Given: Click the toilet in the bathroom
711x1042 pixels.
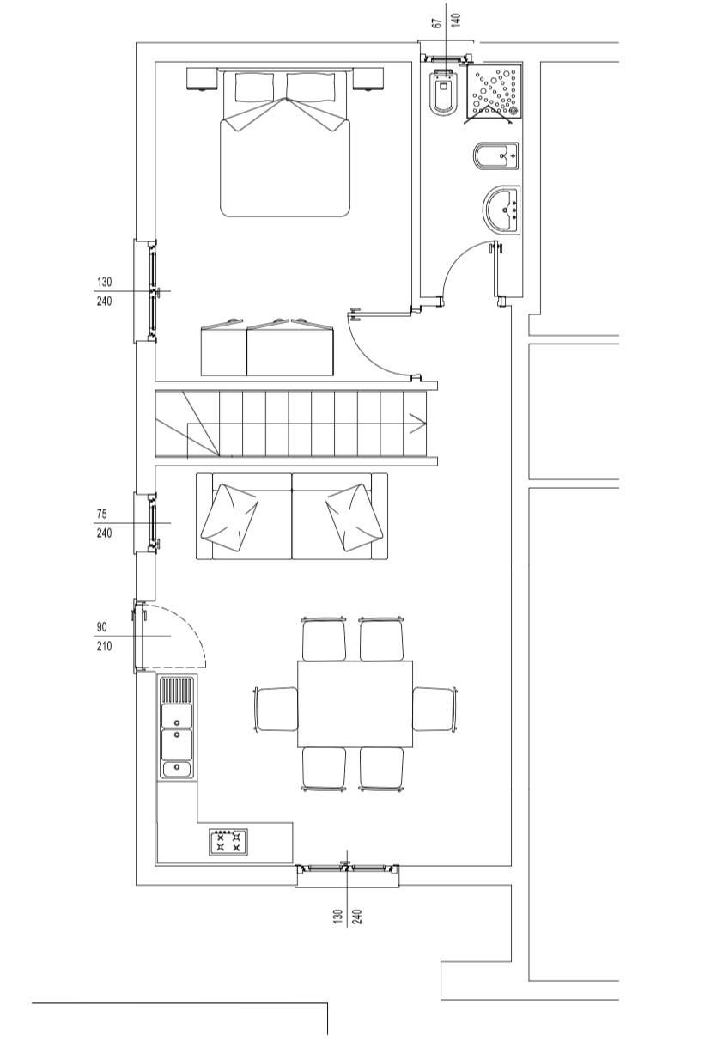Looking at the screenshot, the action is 445,92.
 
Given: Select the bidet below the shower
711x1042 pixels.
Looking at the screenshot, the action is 495,157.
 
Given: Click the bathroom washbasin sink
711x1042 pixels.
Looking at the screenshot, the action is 501,210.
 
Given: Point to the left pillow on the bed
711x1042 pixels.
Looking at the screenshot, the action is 254,87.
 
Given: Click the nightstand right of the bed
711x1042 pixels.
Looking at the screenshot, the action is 368,79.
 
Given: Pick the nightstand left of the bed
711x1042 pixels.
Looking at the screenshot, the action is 203,79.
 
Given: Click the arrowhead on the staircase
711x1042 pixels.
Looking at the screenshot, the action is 418,424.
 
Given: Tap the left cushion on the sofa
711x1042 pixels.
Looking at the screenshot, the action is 229,517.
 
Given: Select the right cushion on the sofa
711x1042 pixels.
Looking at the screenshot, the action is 355,517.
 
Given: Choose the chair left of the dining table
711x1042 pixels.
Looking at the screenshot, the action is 276,710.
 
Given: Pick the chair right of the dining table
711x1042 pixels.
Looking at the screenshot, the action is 434,710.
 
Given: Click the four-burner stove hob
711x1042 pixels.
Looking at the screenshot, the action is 228,842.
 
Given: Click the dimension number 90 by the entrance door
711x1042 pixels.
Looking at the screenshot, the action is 102,626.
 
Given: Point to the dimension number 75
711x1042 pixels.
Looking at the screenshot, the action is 102,514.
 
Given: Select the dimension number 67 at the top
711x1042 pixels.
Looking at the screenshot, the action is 436,23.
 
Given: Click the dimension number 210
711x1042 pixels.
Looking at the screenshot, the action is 104,646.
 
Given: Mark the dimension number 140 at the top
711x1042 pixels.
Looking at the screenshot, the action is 456,21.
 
